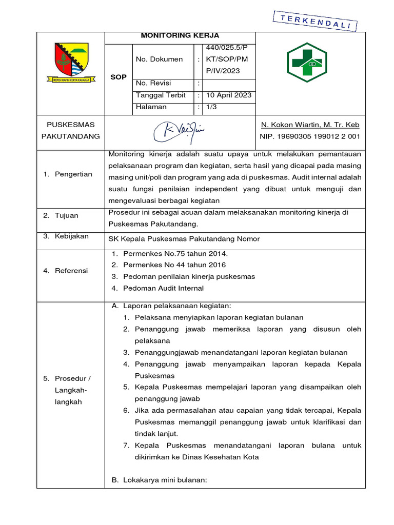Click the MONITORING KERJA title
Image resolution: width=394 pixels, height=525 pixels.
pyautogui.click(x=180, y=36)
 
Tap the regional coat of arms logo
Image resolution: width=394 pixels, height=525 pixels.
pyautogui.click(x=71, y=63)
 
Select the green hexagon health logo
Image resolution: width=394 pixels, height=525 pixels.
pyautogui.click(x=306, y=63)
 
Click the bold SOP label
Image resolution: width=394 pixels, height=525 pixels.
pyautogui.click(x=119, y=77)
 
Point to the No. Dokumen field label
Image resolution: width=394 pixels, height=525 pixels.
pyautogui.click(x=159, y=59)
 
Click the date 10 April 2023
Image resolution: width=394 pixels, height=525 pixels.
pyautogui.click(x=228, y=95)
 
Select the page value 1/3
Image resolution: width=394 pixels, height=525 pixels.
pyautogui.click(x=211, y=107)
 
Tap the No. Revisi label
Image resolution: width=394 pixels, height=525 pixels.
pyautogui.click(x=153, y=84)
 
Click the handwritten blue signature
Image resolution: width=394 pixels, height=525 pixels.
pyautogui.click(x=180, y=132)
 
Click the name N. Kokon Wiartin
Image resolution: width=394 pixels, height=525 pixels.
pyautogui.click(x=310, y=125)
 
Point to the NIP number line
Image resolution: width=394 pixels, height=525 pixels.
pyautogui.click(x=310, y=137)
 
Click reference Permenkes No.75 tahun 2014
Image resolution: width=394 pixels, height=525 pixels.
pyautogui.click(x=175, y=254)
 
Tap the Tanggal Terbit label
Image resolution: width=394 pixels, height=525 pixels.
pyautogui.click(x=161, y=95)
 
